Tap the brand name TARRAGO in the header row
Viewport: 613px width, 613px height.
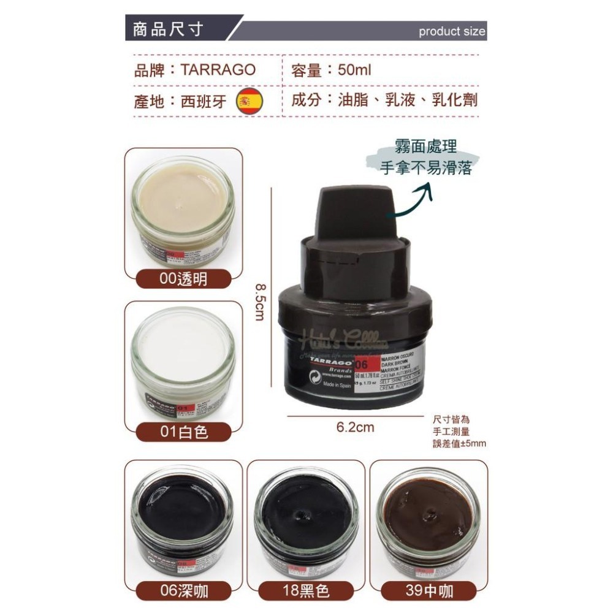tap(218, 69)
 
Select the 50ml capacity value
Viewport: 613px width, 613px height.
tap(355, 69)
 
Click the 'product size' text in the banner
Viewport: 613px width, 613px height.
tap(452, 32)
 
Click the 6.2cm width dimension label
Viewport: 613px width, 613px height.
tap(355, 427)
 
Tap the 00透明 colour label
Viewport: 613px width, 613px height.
tap(183, 280)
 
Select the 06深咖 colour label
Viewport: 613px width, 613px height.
tap(183, 590)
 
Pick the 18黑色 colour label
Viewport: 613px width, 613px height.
tap(305, 590)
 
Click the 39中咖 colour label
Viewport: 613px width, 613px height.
tap(428, 590)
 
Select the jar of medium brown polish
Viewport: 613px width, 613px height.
tap(428, 518)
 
